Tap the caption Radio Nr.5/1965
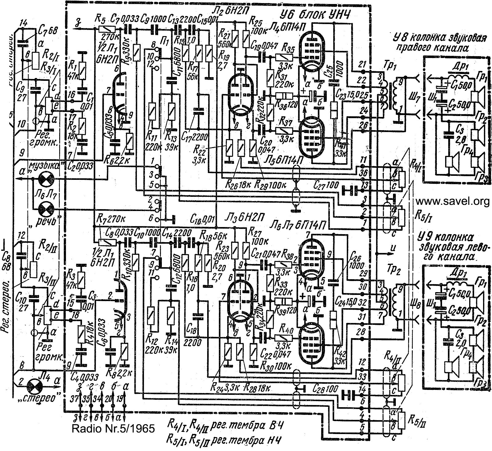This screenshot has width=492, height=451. click(113, 429)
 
